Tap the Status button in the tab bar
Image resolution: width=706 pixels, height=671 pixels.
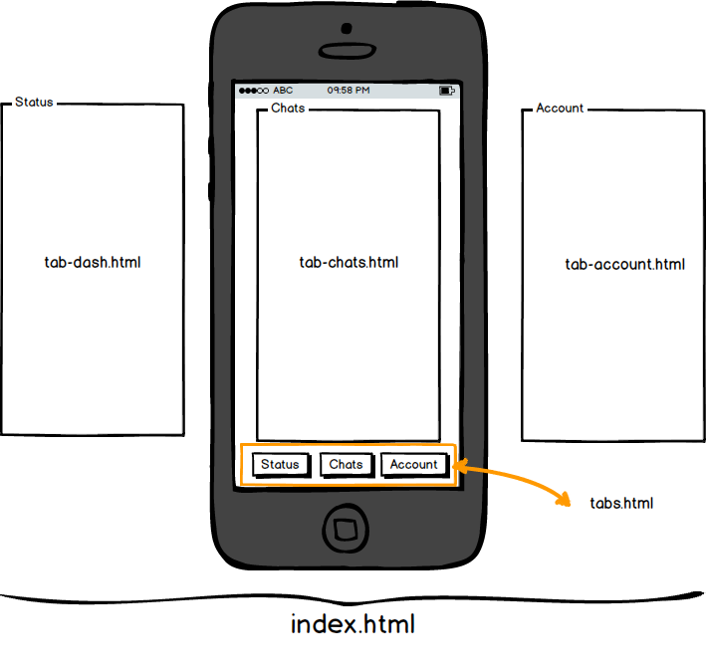(x=280, y=464)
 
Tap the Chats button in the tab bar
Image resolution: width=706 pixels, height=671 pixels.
(x=346, y=464)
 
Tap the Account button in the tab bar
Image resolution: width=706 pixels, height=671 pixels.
(x=413, y=464)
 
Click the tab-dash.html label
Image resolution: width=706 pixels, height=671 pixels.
(x=93, y=263)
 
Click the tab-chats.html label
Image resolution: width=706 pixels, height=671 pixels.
(x=349, y=263)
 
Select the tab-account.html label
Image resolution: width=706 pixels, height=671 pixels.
(x=624, y=265)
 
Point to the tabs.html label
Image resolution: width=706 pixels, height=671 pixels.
(x=621, y=503)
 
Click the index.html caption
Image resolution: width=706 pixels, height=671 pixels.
(x=353, y=625)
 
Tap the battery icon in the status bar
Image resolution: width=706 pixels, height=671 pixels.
(x=447, y=90)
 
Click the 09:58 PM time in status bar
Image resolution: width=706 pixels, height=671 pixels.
(x=349, y=90)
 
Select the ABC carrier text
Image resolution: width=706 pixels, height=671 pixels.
(x=283, y=90)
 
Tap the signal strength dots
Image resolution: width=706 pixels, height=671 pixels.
(x=253, y=90)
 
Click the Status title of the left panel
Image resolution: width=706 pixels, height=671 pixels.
(x=34, y=102)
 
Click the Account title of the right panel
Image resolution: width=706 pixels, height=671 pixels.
(x=560, y=108)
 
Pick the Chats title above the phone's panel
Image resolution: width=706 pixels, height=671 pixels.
(x=288, y=108)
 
